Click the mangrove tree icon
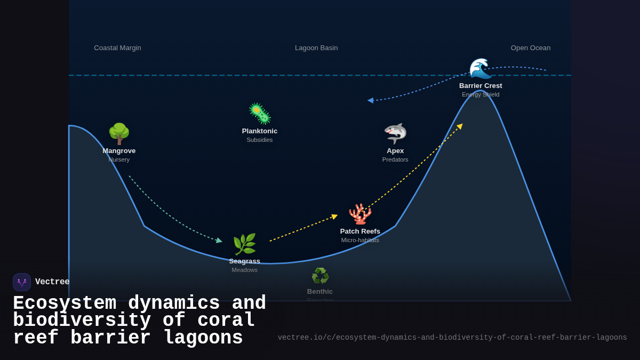pyautogui.click(x=119, y=134)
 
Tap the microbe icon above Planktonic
pyautogui.click(x=260, y=114)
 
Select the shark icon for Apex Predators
pyautogui.click(x=395, y=133)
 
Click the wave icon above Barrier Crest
pyautogui.click(x=480, y=68)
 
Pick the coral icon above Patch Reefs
pyautogui.click(x=360, y=214)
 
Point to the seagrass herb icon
pyautogui.click(x=244, y=244)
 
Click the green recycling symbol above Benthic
pyautogui.click(x=320, y=276)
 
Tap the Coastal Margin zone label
pyautogui.click(x=117, y=48)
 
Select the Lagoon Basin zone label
pyautogui.click(x=316, y=48)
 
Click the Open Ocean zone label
pyautogui.click(x=531, y=48)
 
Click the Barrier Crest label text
pyautogui.click(x=481, y=86)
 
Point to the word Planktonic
pyautogui.click(x=260, y=131)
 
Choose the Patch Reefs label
pyautogui.click(x=360, y=231)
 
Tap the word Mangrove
pyautogui.click(x=119, y=151)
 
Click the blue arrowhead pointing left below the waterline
pyautogui.click(x=370, y=100)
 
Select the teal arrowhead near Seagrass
pyautogui.click(x=219, y=241)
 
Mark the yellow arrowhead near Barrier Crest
pyautogui.click(x=460, y=126)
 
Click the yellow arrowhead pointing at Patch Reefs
pyautogui.click(x=334, y=217)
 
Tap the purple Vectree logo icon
pyautogui.click(x=22, y=282)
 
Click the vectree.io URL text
pyautogui.click(x=452, y=338)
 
